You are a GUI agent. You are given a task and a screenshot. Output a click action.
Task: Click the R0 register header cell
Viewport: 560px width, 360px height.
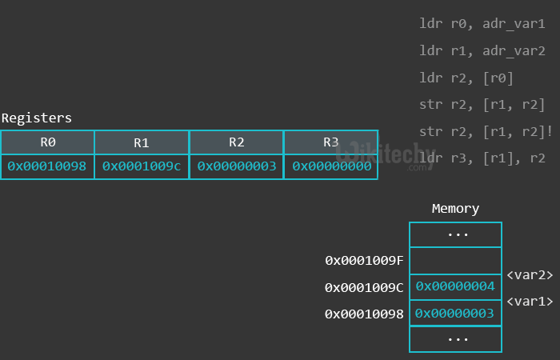47,142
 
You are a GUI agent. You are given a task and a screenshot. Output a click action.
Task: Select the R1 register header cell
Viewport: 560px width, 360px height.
142,142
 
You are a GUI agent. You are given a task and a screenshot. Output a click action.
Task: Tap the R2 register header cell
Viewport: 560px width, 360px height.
237,142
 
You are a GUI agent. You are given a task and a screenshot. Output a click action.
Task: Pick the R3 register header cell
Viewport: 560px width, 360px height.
331,142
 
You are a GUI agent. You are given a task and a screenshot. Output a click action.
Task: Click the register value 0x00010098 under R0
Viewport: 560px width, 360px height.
47,166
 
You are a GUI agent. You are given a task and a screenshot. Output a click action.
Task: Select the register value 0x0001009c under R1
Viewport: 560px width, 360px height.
142,166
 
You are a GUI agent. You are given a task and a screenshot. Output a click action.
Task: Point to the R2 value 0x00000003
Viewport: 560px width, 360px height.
237,166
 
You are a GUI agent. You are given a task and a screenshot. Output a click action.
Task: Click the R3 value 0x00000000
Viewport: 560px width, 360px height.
331,166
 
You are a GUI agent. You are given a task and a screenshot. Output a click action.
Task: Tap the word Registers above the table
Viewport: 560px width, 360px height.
37,118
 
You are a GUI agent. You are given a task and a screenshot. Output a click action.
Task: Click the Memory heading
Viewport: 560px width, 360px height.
455,209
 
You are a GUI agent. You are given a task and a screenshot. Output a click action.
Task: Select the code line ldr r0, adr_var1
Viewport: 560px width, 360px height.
482,24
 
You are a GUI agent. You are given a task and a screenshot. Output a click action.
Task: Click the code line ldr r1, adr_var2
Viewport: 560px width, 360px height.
482,50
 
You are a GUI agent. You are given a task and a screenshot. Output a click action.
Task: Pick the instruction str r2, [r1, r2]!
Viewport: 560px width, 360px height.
486,131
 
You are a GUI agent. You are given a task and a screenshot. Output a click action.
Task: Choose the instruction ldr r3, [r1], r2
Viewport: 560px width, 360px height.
482,158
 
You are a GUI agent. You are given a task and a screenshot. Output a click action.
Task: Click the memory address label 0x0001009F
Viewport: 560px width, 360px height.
364,260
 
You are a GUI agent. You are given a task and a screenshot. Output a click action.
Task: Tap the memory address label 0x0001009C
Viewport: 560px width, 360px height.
364,286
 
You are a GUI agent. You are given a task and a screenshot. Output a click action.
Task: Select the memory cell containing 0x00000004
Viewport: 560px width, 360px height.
455,286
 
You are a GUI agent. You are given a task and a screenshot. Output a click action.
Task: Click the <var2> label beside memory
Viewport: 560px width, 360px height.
530,274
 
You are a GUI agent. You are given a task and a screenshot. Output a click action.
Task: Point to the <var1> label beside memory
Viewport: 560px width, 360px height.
530,301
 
